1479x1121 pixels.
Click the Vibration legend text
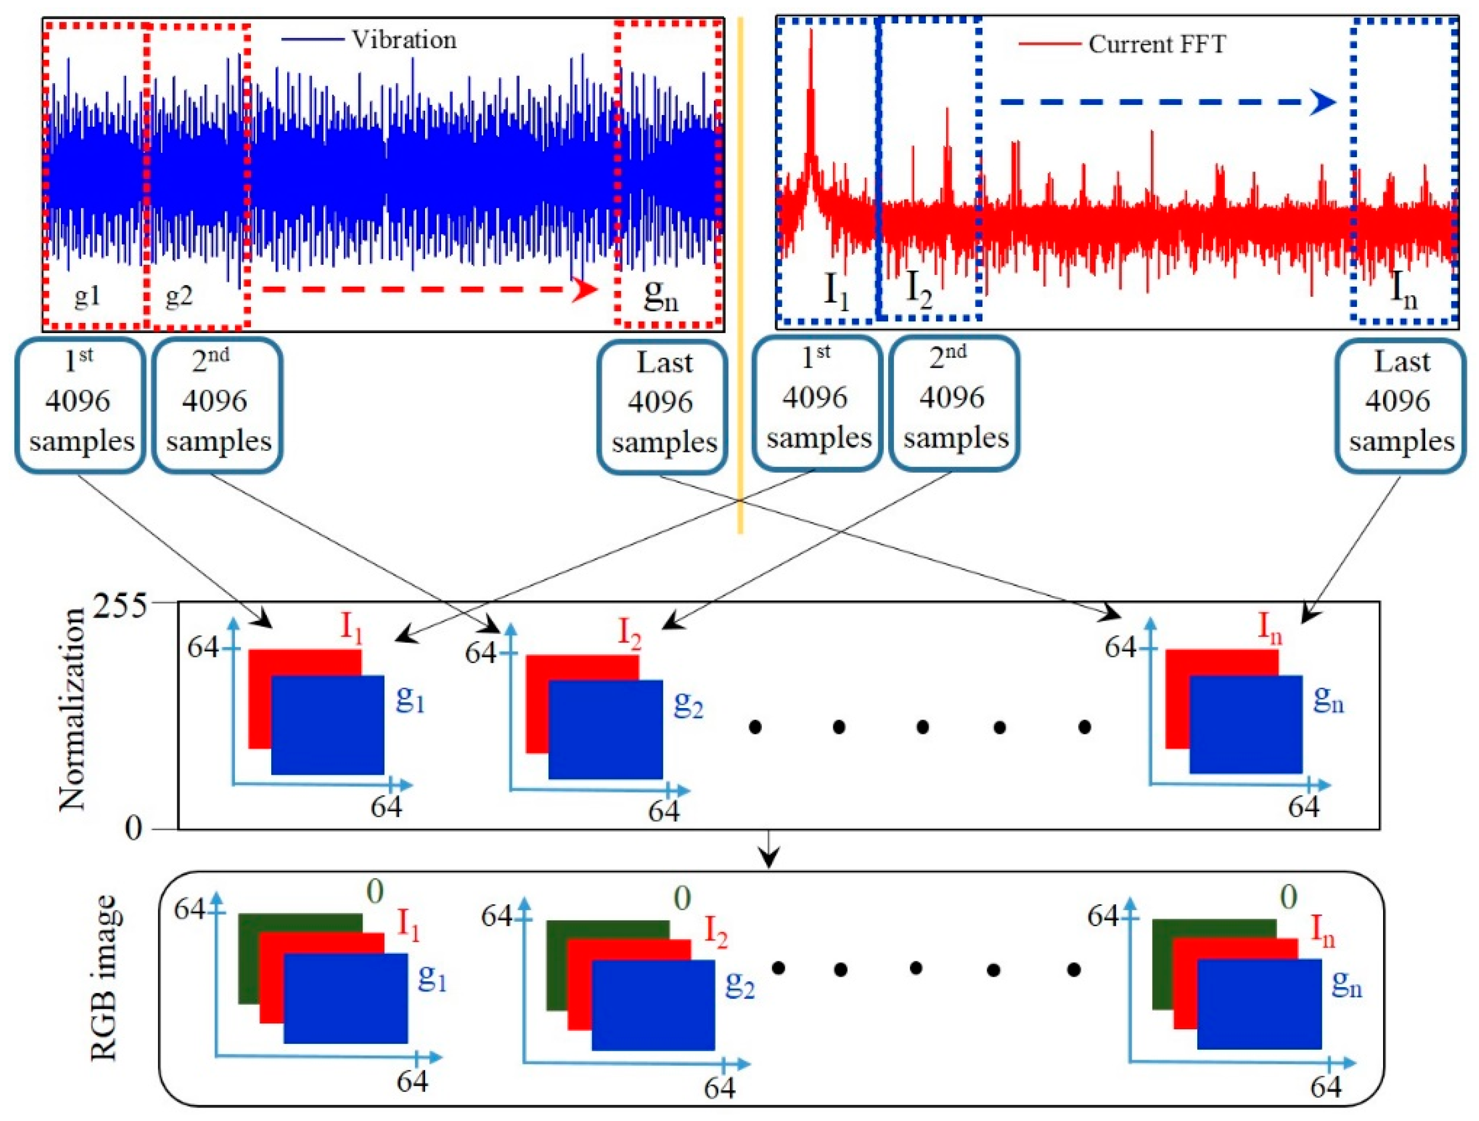[404, 40]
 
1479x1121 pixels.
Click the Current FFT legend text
[1157, 45]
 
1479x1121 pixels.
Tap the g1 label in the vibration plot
[87, 296]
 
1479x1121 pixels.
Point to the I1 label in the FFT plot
[836, 292]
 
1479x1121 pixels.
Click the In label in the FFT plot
[1403, 292]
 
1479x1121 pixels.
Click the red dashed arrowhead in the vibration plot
[585, 289]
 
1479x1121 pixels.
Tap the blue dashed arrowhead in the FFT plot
[1322, 102]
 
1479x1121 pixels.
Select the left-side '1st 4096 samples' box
[81, 404]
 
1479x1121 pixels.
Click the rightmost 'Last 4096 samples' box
[1401, 404]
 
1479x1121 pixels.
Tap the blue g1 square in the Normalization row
[328, 725]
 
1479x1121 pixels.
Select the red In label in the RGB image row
[1322, 932]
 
